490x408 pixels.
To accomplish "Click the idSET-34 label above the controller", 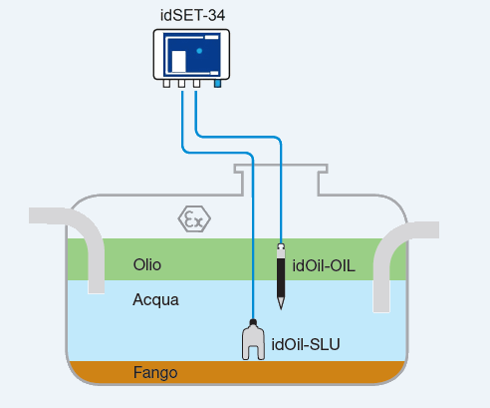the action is click(x=192, y=15).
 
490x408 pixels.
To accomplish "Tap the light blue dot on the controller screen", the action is click(x=199, y=51).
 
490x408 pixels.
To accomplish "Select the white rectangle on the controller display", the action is click(x=178, y=61).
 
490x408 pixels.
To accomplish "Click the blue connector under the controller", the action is click(x=217, y=83).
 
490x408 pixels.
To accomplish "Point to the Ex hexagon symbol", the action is click(x=194, y=219).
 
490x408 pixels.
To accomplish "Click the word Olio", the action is click(x=147, y=265).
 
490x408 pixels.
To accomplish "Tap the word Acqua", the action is click(x=155, y=300).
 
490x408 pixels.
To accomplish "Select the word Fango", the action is click(x=155, y=373).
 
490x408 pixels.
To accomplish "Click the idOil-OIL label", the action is click(x=324, y=266).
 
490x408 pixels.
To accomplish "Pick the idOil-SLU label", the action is click(x=306, y=344).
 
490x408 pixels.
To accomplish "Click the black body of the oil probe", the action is click(x=281, y=278).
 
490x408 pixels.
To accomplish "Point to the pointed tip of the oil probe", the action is click(x=281, y=309).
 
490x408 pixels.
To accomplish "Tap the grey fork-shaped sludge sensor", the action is click(x=253, y=342).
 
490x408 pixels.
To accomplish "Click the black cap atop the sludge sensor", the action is click(x=253, y=322).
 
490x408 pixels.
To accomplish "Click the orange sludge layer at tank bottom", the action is click(x=236, y=372).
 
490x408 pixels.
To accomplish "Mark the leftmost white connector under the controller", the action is click(x=166, y=83).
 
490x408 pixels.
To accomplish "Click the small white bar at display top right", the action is click(x=211, y=37).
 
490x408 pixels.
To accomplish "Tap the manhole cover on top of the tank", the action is click(x=281, y=168).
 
